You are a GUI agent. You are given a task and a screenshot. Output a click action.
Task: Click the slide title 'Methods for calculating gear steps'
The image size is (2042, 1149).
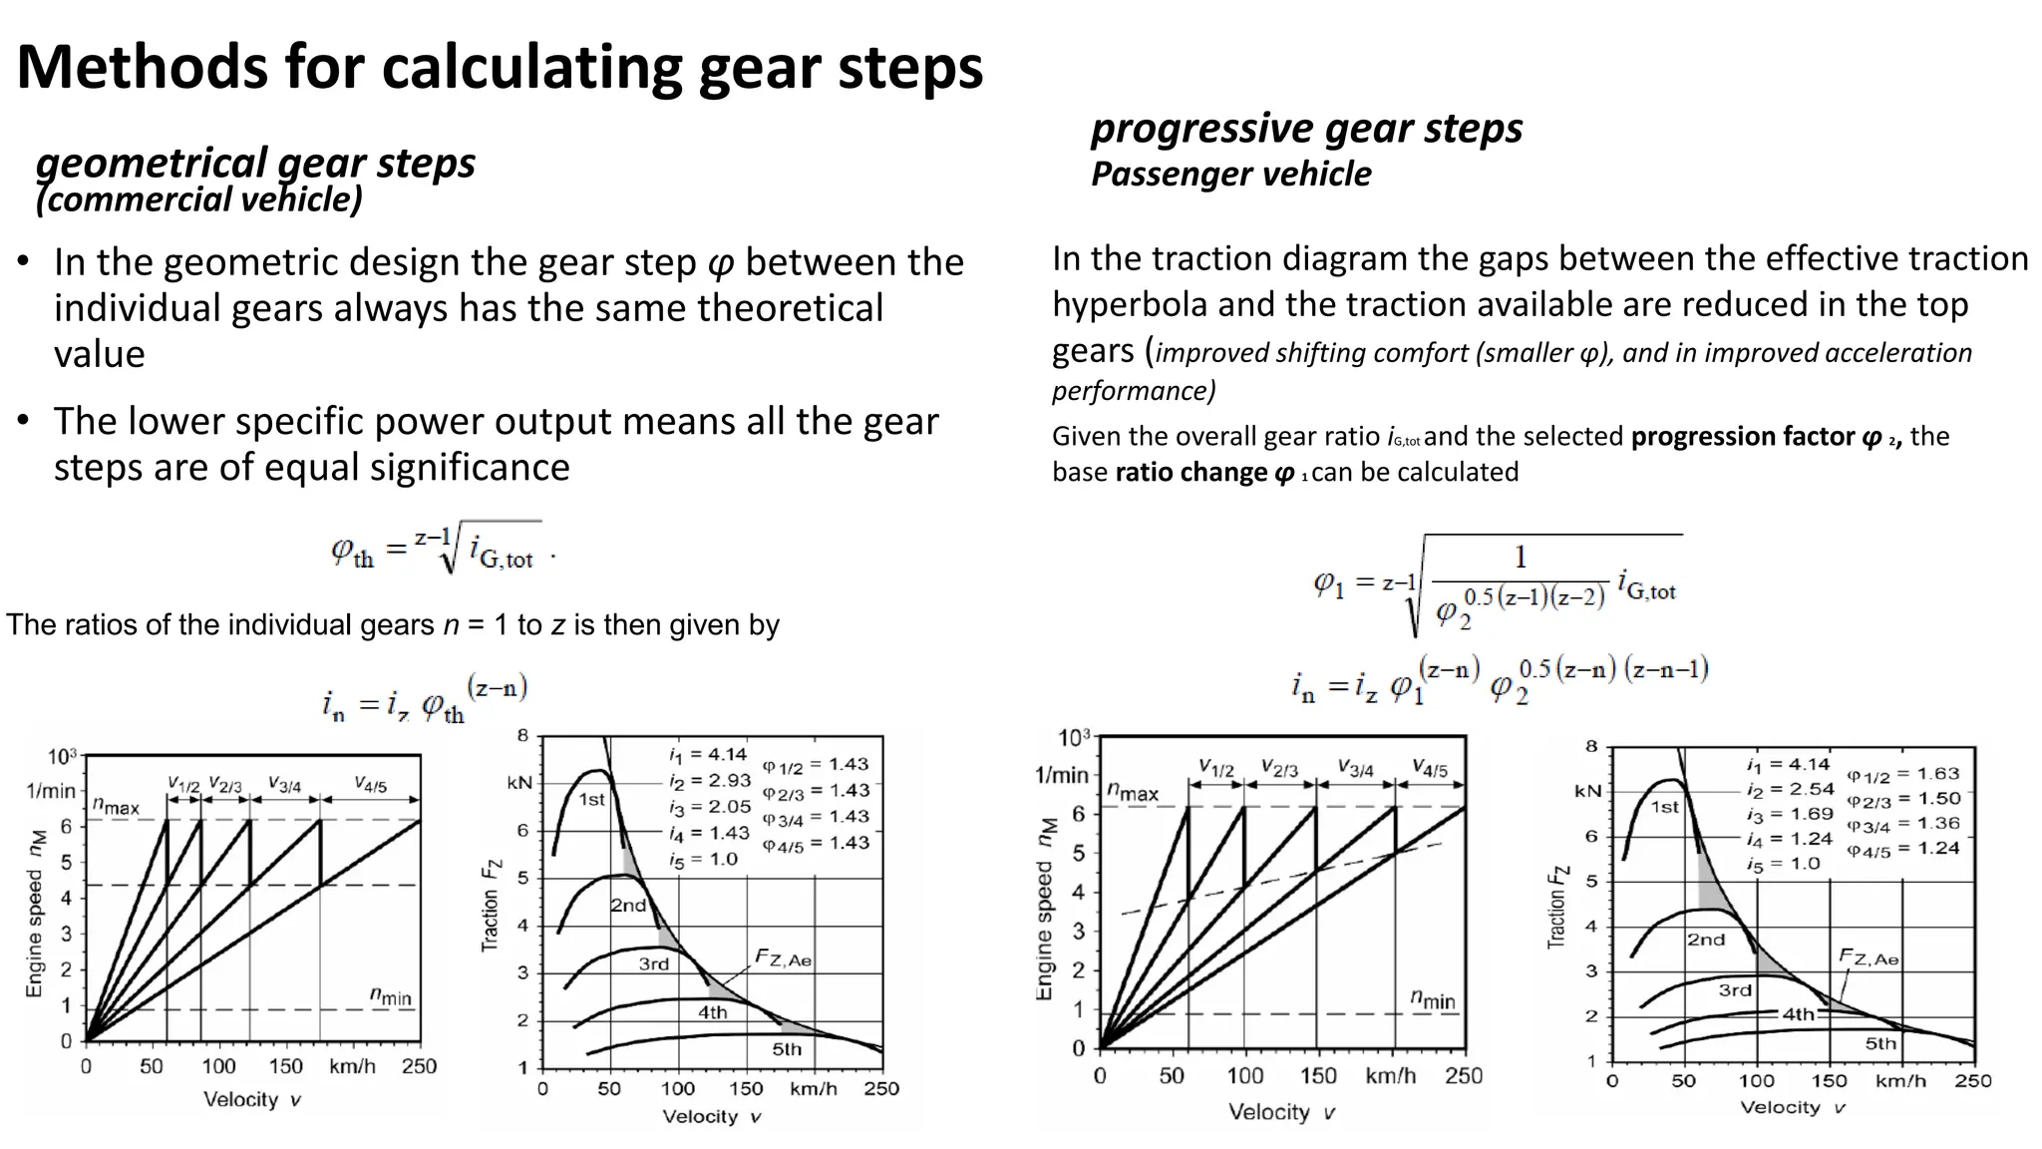coord(500,67)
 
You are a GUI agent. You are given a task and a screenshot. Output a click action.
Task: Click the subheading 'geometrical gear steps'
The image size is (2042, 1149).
coord(255,163)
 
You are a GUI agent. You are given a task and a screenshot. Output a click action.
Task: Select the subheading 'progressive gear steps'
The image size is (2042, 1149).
coord(1306,128)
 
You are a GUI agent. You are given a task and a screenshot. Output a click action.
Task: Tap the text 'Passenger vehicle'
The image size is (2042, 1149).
coord(1230,174)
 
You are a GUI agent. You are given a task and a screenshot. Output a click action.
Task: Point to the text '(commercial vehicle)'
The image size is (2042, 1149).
coord(198,199)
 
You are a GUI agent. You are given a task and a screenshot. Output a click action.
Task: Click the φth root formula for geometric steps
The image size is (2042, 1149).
coord(439,549)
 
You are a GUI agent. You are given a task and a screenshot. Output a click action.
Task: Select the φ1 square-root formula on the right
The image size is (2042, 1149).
coord(1496,584)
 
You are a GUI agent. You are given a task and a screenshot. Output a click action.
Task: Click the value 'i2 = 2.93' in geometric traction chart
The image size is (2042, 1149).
coord(709,781)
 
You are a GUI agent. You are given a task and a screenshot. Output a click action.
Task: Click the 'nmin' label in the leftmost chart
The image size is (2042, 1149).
coord(390,995)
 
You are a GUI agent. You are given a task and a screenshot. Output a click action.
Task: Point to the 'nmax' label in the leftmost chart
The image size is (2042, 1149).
coord(116,805)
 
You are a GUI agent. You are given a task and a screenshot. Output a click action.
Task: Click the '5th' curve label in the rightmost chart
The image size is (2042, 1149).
coord(1880,1043)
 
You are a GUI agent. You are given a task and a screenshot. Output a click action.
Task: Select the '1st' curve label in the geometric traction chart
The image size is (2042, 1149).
coord(592,799)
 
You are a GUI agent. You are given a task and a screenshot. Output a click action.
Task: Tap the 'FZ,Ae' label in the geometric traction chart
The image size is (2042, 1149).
coord(783,959)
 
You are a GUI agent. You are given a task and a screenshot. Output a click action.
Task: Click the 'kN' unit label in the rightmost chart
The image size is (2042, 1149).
coord(1587,791)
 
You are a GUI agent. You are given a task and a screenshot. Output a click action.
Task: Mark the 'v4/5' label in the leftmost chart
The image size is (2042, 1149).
coord(370,785)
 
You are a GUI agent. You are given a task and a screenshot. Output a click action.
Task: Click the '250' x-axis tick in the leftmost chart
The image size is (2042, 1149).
coord(419,1066)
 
